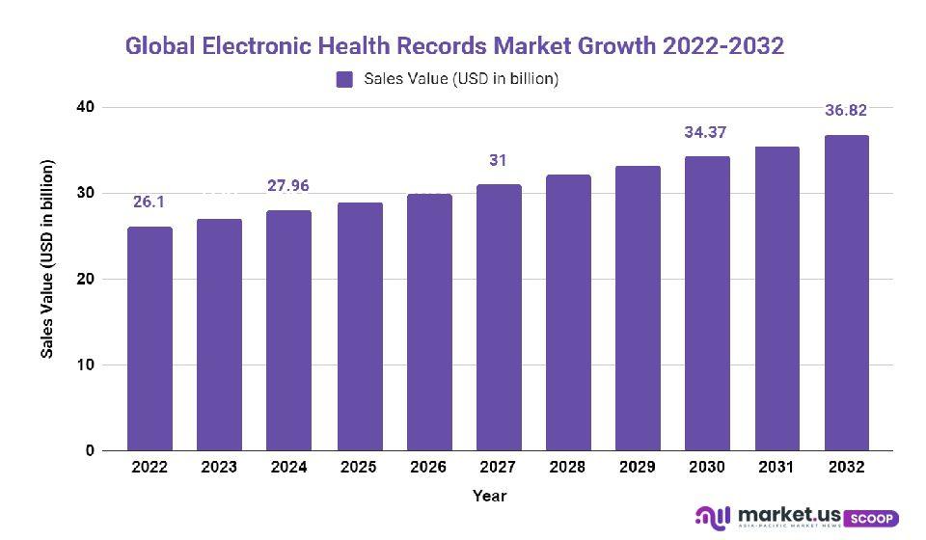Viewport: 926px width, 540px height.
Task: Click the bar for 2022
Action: [150, 338]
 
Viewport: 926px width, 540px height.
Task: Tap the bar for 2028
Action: [568, 312]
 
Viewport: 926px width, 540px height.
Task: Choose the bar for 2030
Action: [707, 303]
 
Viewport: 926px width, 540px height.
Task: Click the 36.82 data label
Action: [846, 111]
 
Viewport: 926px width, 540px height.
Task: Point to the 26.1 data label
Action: [149, 202]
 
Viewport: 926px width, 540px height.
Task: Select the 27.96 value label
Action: [288, 185]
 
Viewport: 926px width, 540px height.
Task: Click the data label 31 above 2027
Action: [498, 160]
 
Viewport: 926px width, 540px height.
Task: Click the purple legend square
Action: [344, 80]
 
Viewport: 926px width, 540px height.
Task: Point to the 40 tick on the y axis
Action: [86, 107]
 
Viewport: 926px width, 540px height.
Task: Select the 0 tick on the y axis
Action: [90, 450]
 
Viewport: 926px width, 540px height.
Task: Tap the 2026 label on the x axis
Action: [428, 467]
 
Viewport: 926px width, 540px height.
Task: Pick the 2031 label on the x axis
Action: [776, 467]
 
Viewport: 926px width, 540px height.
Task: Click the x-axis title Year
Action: [489, 496]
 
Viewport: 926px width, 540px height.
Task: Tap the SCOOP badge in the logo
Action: [873, 518]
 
